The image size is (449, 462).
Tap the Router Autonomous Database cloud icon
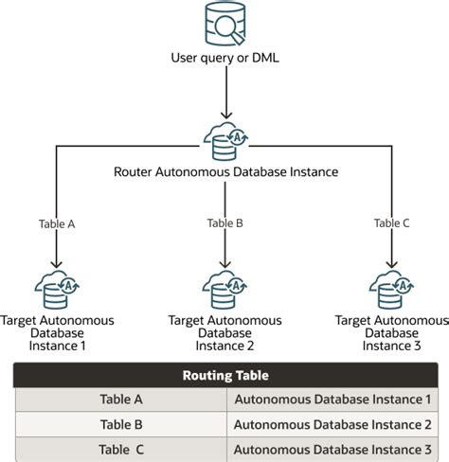[224, 141]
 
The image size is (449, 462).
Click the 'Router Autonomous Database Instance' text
[224, 172]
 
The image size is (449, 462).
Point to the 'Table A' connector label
[57, 224]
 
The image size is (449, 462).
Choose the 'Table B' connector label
[224, 224]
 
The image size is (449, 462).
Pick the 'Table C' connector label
[391, 224]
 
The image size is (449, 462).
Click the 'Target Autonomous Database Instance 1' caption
[57, 333]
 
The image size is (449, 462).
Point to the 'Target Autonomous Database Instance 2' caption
[224, 333]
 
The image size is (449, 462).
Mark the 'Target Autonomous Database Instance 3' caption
[391, 333]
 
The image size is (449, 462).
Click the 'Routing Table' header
[224, 375]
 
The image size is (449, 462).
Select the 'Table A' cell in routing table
[120, 400]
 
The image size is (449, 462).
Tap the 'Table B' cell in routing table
[120, 424]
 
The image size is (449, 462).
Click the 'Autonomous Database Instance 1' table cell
[332, 400]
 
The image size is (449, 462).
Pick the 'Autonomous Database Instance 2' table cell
[332, 424]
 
